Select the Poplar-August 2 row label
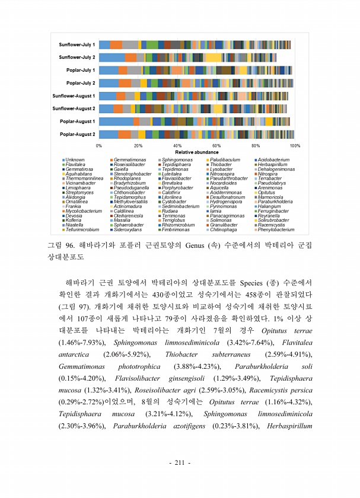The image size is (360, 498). tap(77, 134)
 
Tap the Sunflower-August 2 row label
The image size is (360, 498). tap(74, 108)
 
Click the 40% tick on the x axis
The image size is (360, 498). tap(177, 145)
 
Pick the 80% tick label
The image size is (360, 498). tap(256, 145)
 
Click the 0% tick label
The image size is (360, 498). tap(99, 145)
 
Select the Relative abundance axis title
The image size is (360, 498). tap(197, 152)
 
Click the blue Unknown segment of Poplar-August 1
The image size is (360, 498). tap(116, 122)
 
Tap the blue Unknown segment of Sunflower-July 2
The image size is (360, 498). tap(111, 58)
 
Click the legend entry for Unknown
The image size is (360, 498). tap(75, 159)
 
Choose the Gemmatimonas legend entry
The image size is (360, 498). tap(128, 159)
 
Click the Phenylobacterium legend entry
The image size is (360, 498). tap(276, 229)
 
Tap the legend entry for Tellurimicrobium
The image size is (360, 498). tap(82, 229)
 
